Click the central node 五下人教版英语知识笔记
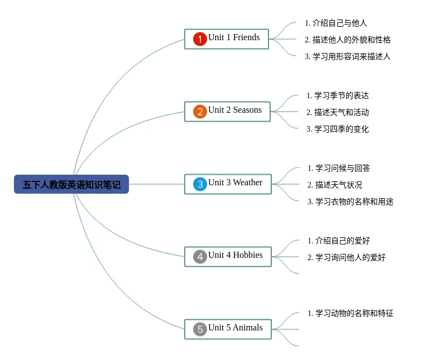pyautogui.click(x=71, y=184)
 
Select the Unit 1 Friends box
pyautogui.click(x=227, y=39)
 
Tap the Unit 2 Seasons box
pyautogui.click(x=227, y=111)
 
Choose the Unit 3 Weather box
pyautogui.click(x=228, y=184)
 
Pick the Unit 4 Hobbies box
pyautogui.click(x=228, y=256)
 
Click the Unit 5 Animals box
pyautogui.click(x=228, y=329)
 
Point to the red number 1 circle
pyautogui.click(x=200, y=39)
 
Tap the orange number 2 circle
pyautogui.click(x=200, y=112)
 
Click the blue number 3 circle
pyautogui.click(x=200, y=184)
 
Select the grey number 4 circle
pyautogui.click(x=200, y=257)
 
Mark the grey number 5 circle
pyautogui.click(x=200, y=329)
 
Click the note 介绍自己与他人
pyautogui.click(x=335, y=23)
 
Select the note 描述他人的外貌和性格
pyautogui.click(x=347, y=40)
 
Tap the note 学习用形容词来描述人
pyautogui.click(x=347, y=56)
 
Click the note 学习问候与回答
pyautogui.click(x=338, y=168)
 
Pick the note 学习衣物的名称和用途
pyautogui.click(x=350, y=201)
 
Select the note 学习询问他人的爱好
pyautogui.click(x=346, y=257)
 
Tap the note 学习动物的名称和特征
pyautogui.click(x=350, y=313)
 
